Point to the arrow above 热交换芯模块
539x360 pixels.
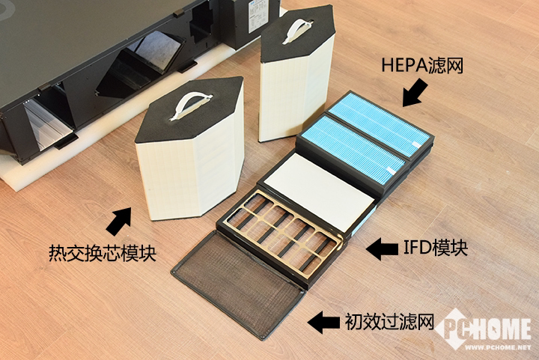(119, 220)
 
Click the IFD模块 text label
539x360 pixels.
(434, 248)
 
